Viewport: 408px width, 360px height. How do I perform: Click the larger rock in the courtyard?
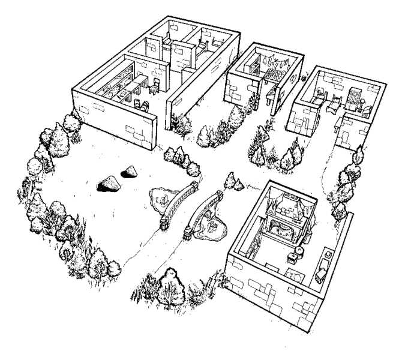(109, 184)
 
